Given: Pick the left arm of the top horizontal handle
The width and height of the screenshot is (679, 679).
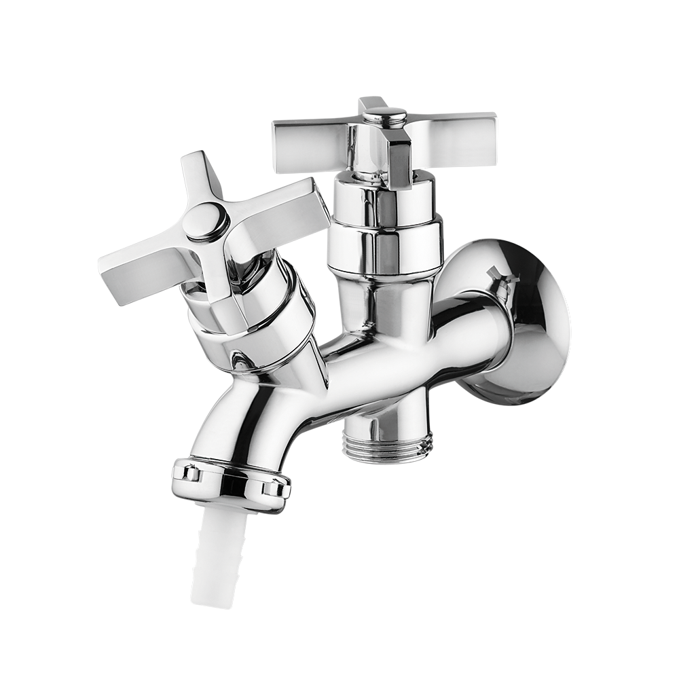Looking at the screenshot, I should tap(309, 145).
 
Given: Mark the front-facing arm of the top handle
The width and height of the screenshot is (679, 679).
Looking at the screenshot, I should tap(399, 160).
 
